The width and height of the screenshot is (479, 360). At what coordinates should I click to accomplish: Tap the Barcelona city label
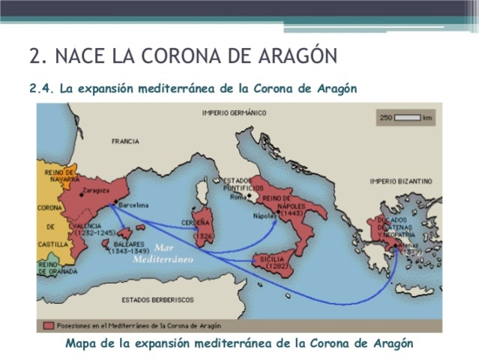(132, 205)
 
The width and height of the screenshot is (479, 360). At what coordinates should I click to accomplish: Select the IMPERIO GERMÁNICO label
(234, 112)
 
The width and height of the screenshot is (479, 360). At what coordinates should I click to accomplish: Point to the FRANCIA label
(125, 141)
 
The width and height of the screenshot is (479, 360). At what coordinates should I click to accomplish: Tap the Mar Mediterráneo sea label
(163, 253)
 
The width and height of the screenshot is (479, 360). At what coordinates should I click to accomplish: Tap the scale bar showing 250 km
(407, 118)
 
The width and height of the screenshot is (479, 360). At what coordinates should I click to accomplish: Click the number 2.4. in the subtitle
(42, 88)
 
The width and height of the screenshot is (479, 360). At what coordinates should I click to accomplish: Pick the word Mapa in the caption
(81, 343)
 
